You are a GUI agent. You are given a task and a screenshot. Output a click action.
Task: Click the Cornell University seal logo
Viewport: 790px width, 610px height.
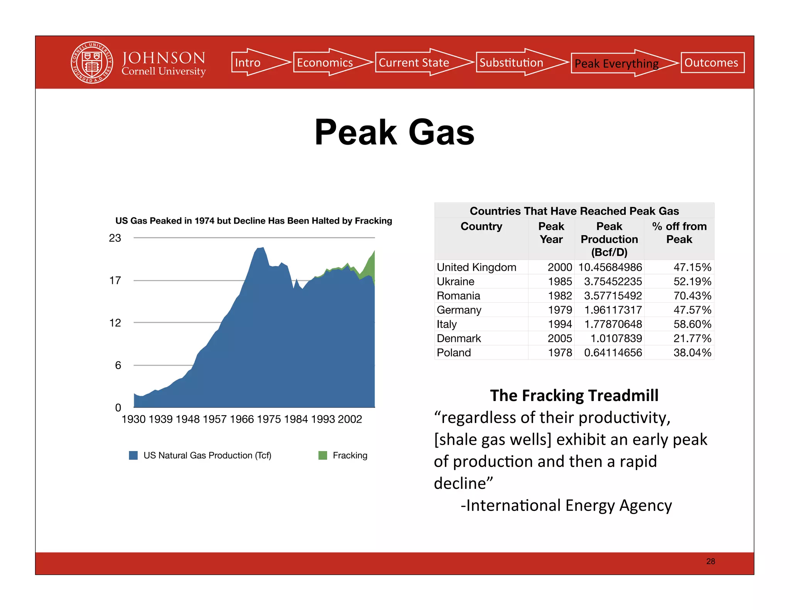click(x=92, y=62)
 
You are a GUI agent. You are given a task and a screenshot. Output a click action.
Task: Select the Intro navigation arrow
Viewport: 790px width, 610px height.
click(x=255, y=62)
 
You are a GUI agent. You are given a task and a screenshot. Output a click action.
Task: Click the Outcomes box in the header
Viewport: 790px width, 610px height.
click(x=712, y=62)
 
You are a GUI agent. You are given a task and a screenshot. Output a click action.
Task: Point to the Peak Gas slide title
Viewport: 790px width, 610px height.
click(x=394, y=132)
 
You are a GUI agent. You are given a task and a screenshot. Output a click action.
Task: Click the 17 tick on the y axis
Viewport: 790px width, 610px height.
click(x=115, y=280)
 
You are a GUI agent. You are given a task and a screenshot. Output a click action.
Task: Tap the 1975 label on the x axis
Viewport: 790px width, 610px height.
click(x=268, y=419)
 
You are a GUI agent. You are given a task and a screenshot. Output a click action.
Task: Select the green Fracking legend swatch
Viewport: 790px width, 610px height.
click(x=322, y=455)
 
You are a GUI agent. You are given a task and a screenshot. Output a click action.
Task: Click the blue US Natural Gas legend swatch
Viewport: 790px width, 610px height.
click(x=133, y=455)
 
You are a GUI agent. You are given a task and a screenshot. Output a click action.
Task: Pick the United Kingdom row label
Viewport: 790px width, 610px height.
click(x=476, y=267)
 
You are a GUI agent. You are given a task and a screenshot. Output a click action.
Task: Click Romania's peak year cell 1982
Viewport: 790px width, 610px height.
click(x=560, y=296)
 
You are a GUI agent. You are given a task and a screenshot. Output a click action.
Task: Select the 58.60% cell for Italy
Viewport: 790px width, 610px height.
click(x=692, y=324)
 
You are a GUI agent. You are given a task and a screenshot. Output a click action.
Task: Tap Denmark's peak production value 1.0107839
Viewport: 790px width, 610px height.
click(x=616, y=339)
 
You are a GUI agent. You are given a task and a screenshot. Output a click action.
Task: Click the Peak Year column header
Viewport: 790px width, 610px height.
click(x=551, y=233)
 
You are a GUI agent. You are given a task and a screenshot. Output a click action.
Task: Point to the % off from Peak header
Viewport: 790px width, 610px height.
click(x=679, y=233)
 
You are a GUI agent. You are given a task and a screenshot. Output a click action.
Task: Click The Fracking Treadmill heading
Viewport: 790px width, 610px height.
click(x=574, y=396)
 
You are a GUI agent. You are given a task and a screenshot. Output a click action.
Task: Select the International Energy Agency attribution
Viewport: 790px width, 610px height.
click(x=566, y=506)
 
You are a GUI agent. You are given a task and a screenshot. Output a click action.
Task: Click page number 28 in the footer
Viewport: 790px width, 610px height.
click(x=711, y=561)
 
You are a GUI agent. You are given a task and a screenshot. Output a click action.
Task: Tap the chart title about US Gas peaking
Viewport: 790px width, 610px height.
click(x=253, y=221)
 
